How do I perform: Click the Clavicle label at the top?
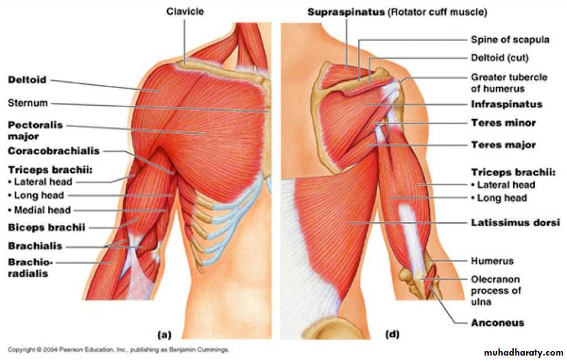click(x=185, y=12)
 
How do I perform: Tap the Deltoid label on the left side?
click(x=28, y=80)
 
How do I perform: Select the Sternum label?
click(x=28, y=103)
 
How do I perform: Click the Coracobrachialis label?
click(x=54, y=151)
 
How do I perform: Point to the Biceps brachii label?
click(x=47, y=228)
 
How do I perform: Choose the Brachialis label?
click(x=35, y=246)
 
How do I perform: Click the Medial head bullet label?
click(x=39, y=210)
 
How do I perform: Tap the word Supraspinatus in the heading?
click(x=346, y=12)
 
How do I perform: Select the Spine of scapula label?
click(x=510, y=39)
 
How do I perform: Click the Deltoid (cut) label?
click(x=500, y=58)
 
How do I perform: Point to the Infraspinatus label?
click(x=507, y=105)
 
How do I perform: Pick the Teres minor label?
click(x=503, y=123)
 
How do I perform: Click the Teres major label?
click(x=503, y=145)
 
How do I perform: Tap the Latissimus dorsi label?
click(x=516, y=223)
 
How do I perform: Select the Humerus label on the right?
click(x=492, y=261)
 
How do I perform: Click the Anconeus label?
click(x=498, y=323)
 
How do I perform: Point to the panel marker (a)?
click(x=164, y=335)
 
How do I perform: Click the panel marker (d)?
click(x=392, y=335)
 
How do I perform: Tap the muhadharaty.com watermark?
click(x=523, y=352)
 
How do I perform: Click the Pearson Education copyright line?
click(x=118, y=350)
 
